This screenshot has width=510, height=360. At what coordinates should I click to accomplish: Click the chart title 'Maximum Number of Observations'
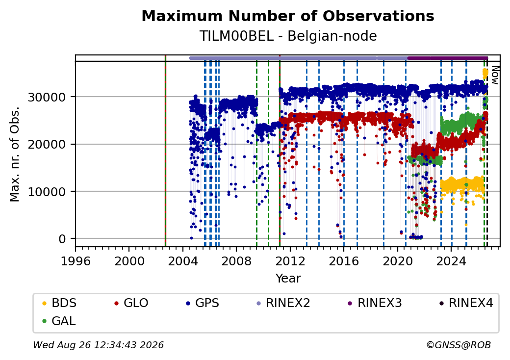click(x=288, y=16)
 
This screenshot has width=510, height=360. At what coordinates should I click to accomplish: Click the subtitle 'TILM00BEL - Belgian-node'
click(x=288, y=36)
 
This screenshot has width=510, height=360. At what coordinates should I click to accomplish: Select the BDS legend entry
click(x=59, y=303)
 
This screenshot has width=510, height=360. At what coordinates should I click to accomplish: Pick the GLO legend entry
click(x=131, y=303)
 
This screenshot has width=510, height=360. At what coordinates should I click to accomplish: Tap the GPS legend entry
click(x=203, y=303)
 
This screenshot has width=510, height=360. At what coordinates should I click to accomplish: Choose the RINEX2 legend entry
click(x=283, y=303)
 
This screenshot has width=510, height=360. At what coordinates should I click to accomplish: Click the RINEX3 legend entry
click(x=375, y=303)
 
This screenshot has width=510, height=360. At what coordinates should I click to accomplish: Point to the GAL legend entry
click(x=59, y=321)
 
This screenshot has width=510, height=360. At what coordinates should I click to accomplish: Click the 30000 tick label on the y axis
click(x=47, y=97)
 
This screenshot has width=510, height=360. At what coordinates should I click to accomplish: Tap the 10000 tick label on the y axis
click(x=47, y=192)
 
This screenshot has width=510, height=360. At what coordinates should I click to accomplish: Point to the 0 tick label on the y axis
click(x=62, y=239)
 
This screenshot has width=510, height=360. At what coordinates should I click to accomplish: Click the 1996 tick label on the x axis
click(x=76, y=261)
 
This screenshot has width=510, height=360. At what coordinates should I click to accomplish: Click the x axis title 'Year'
click(x=288, y=279)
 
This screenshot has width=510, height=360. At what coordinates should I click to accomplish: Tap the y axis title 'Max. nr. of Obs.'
click(x=15, y=154)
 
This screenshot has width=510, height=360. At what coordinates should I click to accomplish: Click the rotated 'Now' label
click(x=495, y=75)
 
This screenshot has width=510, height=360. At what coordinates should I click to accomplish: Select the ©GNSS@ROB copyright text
click(x=459, y=345)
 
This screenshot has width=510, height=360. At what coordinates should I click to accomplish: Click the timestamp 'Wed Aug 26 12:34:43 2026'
click(x=98, y=345)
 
